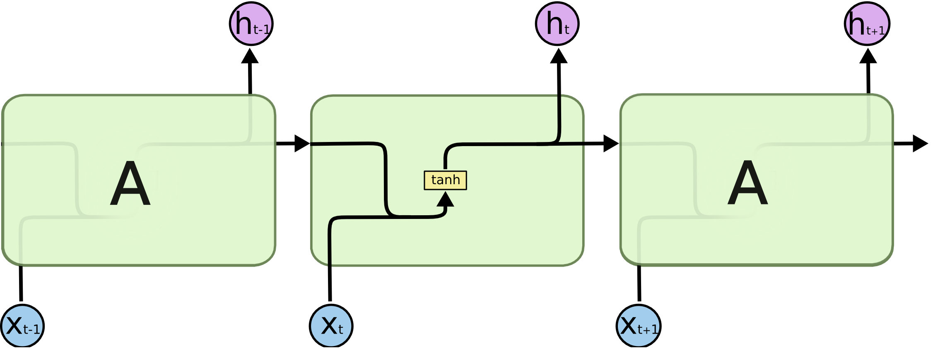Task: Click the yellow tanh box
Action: [x=445, y=180]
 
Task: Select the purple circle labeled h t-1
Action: [x=251, y=24]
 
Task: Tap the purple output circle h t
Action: [x=557, y=24]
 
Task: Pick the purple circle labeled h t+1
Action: [x=867, y=24]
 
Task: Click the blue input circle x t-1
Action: [x=22, y=326]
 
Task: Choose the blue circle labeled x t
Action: [x=331, y=326]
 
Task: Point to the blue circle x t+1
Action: [x=638, y=326]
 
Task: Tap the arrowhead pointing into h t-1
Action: [x=250, y=57]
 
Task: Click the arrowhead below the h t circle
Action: [x=559, y=57]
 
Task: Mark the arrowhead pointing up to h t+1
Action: [x=868, y=57]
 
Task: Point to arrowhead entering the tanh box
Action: [x=445, y=200]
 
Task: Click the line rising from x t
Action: [x=330, y=269]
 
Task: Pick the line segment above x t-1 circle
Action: [x=21, y=284]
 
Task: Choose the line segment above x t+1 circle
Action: [x=639, y=284]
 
